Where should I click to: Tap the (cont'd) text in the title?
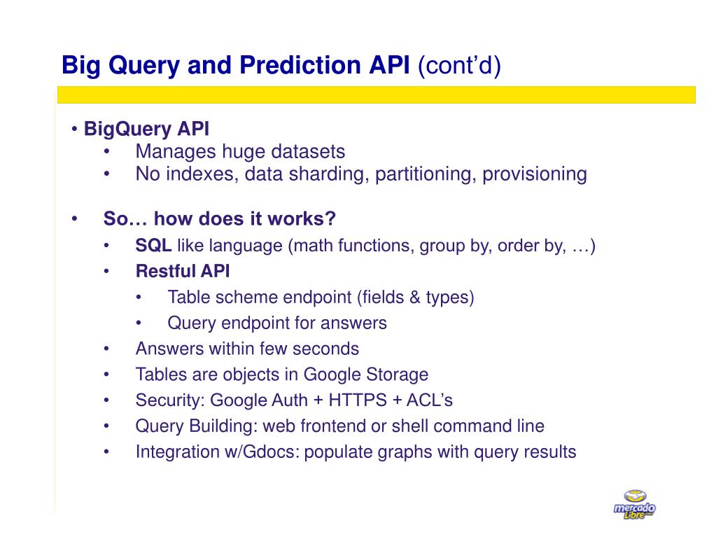coord(460,66)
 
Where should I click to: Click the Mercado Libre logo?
coord(634,505)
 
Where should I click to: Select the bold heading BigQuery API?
coord(146,130)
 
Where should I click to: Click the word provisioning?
coord(534,174)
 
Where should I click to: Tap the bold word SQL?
coord(153,246)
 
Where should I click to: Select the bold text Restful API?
coord(183,272)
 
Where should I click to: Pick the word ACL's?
coord(430,400)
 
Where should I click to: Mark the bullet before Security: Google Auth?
coord(106,400)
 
